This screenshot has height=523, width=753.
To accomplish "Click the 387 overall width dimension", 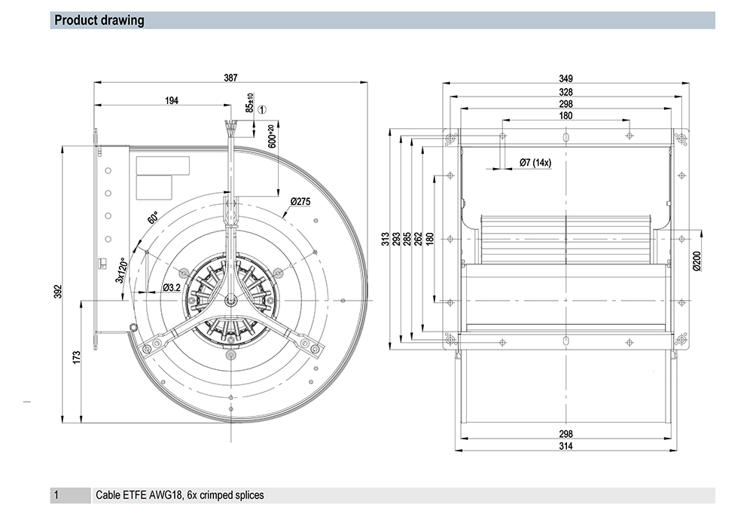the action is click(230, 78).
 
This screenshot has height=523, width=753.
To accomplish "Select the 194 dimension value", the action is click(172, 100).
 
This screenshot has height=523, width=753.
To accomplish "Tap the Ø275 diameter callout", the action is click(300, 202).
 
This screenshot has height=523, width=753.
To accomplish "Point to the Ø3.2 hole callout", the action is click(172, 287).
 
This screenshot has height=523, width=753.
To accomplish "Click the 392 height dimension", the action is click(58, 292).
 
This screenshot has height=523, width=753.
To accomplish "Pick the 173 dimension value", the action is click(77, 357).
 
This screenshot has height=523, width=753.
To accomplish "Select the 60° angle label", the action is click(153, 218).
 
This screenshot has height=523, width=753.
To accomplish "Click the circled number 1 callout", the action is click(262, 109).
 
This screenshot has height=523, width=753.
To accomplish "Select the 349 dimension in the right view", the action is click(566, 79).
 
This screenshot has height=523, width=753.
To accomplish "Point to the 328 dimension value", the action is click(566, 92).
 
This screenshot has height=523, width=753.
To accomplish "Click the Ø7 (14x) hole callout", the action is click(535, 163).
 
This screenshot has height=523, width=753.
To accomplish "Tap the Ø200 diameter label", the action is click(697, 261).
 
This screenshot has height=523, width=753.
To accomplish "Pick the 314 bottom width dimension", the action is click(566, 446).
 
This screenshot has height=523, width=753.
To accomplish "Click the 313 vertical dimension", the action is click(385, 239).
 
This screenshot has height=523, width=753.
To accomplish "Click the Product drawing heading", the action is click(99, 20).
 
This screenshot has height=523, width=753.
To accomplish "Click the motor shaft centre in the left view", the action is click(231, 301).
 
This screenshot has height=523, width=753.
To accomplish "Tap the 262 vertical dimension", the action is click(418, 239).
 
